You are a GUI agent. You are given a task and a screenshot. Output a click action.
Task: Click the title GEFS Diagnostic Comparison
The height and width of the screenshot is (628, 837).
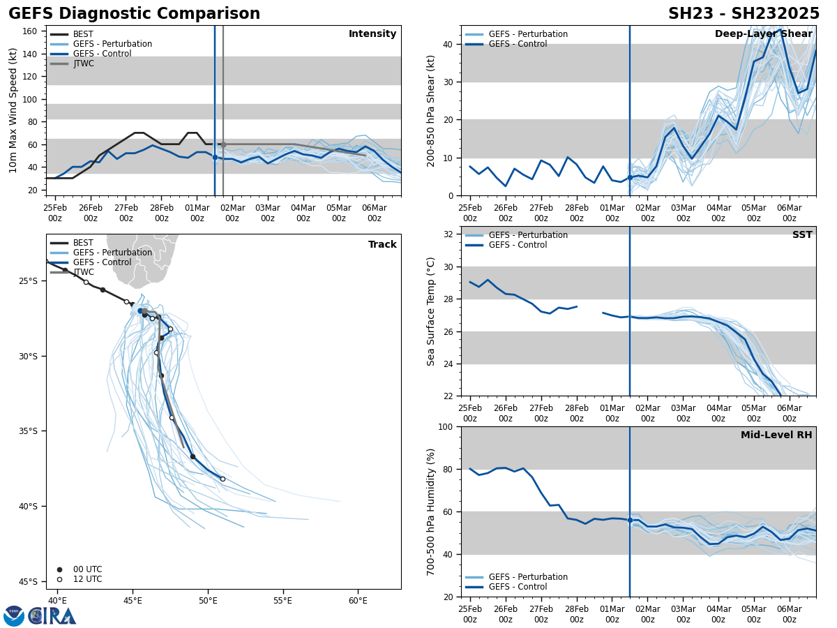pos(134,14)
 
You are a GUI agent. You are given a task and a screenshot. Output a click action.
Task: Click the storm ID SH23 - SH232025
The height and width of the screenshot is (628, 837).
pos(744,14)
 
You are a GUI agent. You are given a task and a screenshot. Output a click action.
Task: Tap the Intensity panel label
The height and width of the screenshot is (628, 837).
pos(372,34)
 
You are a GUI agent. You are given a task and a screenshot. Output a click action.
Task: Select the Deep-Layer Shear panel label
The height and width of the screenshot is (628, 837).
pos(763,34)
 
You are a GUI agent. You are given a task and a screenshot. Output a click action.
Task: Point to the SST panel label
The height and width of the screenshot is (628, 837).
pos(802,235)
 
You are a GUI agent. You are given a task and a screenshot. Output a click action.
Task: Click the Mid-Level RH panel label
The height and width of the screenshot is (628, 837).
pos(776,435)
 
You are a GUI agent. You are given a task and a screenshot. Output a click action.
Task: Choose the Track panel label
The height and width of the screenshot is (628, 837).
pos(382,245)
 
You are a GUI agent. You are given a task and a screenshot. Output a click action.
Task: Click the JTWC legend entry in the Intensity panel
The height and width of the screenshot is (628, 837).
pos(83,63)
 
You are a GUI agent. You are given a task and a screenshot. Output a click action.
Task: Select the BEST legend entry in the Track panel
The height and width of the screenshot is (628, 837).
pos(83,243)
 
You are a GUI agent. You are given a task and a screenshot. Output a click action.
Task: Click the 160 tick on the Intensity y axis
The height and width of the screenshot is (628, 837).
pos(30,31)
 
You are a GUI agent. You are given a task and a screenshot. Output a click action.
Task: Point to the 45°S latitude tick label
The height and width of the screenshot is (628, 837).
pos(28,581)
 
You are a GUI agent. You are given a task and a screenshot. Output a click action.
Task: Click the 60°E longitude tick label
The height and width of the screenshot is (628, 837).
pos(358,601)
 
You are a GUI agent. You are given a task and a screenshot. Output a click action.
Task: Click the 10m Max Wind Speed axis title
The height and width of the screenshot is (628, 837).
pos(13,110)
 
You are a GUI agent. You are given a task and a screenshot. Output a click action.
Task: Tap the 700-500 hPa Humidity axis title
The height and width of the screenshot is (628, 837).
pos(431,511)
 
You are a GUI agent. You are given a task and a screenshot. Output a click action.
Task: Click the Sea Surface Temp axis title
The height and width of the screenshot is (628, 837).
pos(431,311)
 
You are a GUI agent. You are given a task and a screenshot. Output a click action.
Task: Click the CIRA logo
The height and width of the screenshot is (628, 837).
pos(52,616)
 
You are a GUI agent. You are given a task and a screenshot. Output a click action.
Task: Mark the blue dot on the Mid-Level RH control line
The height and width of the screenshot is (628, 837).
pos(630,520)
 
